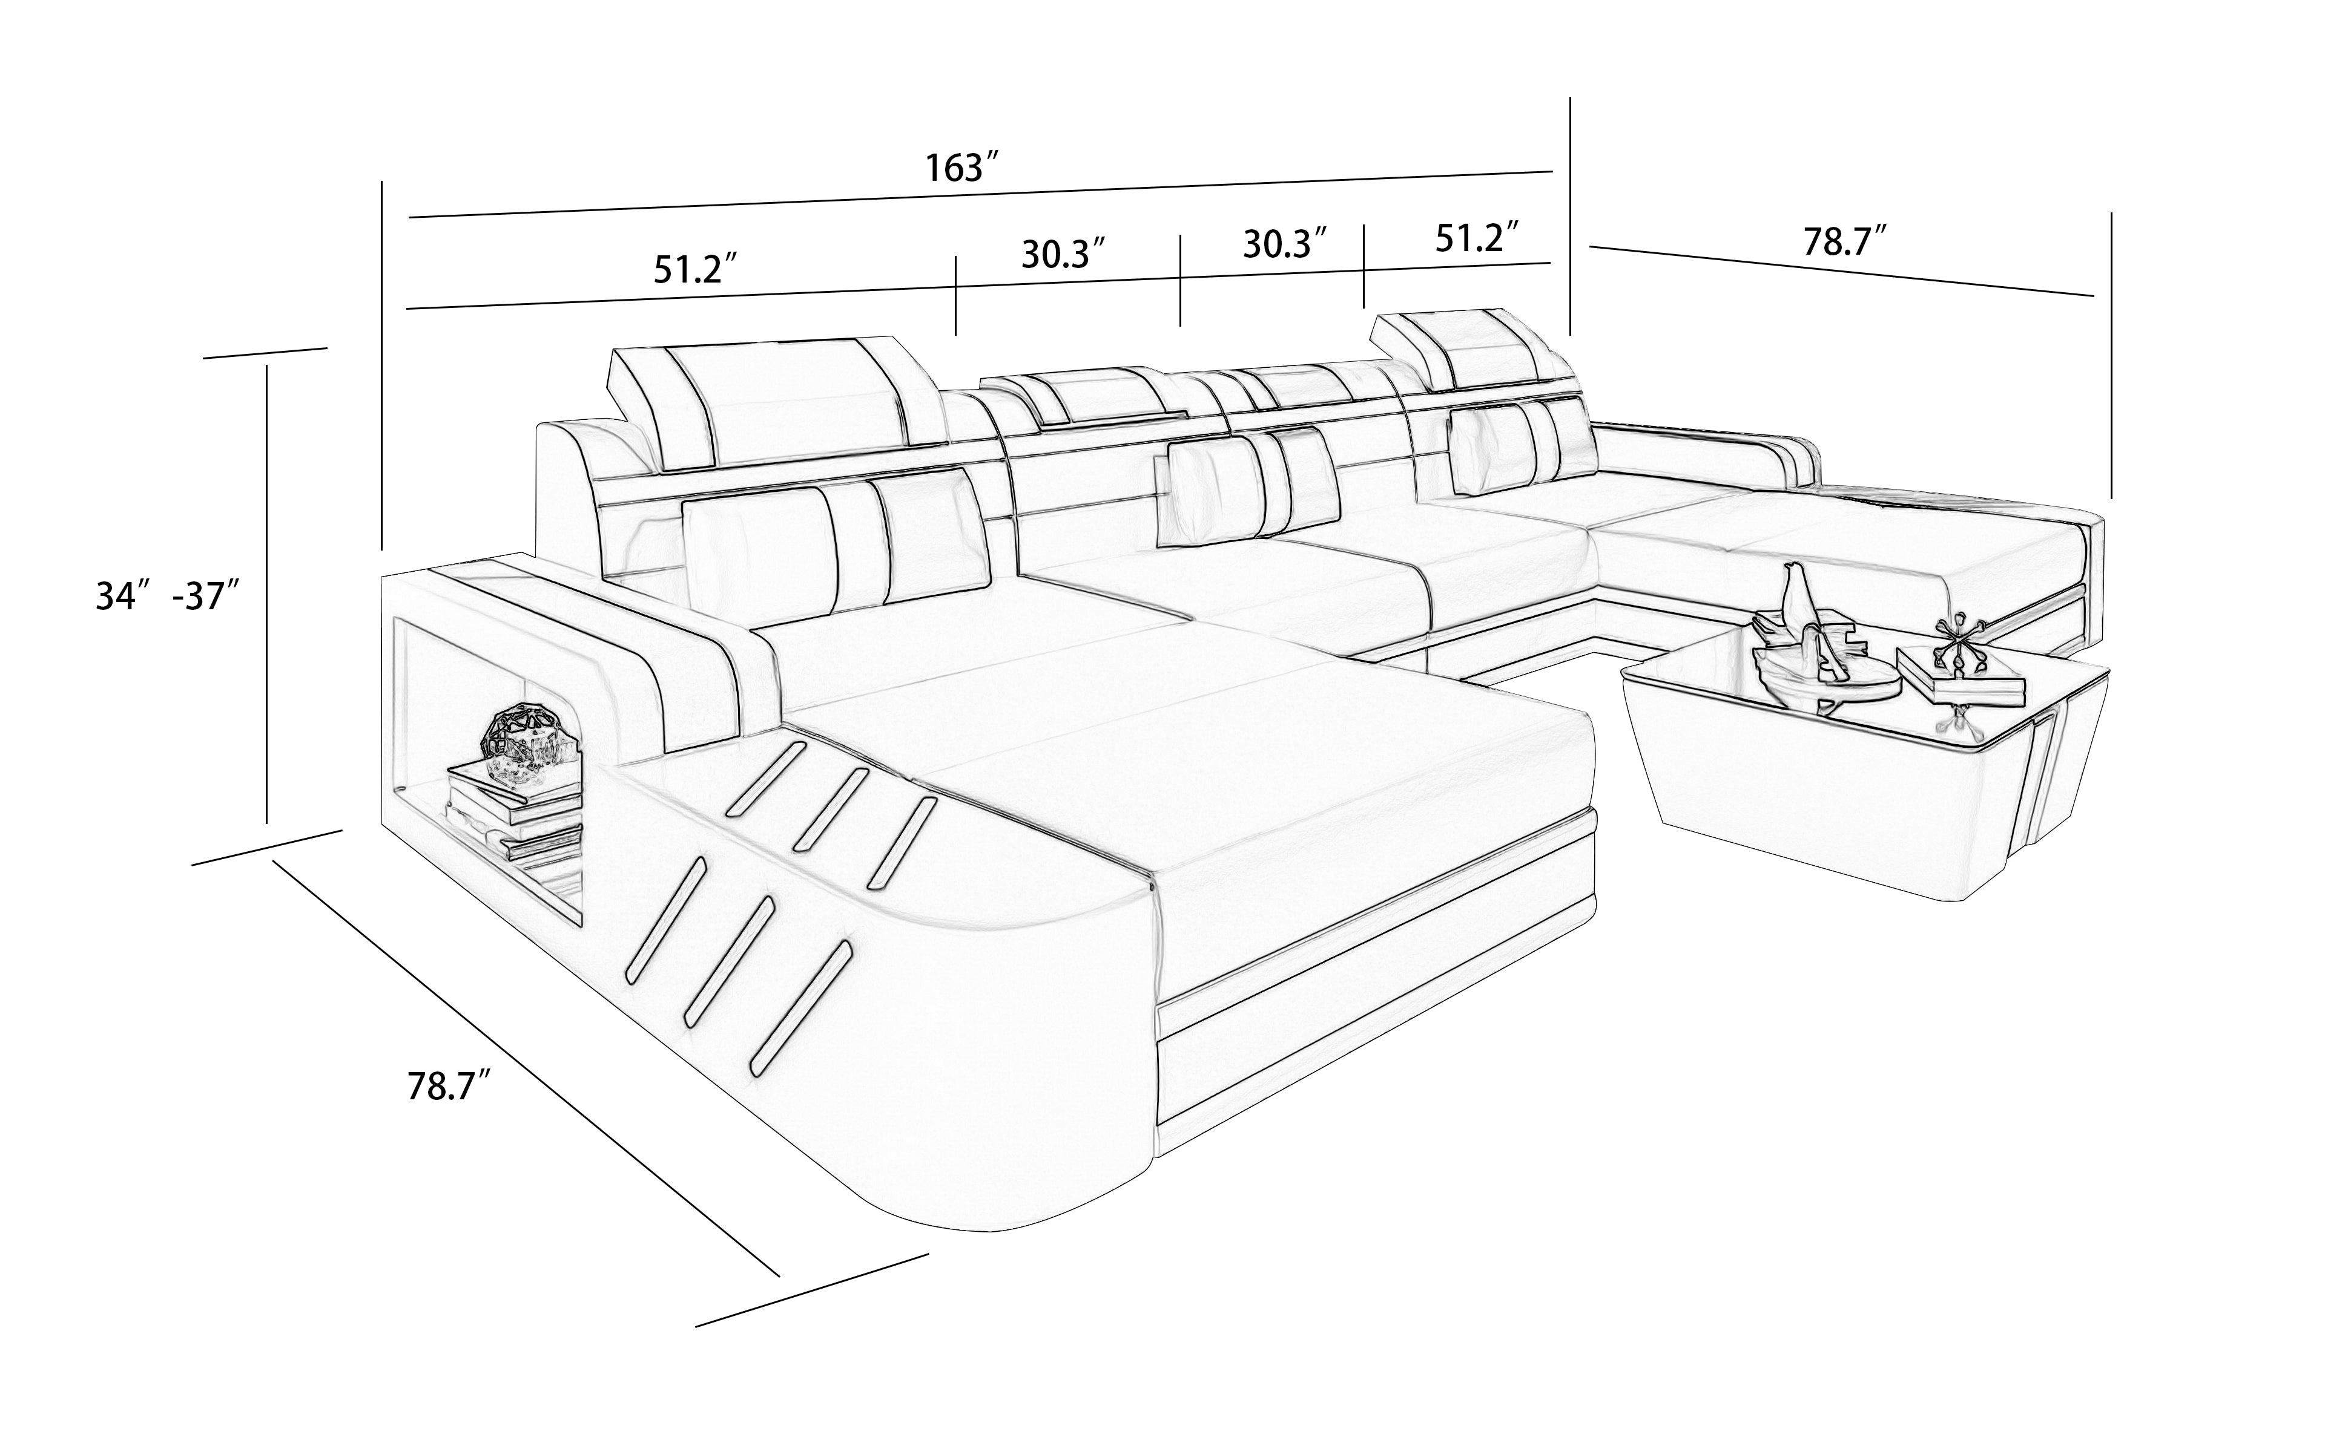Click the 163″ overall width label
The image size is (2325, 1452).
(964, 168)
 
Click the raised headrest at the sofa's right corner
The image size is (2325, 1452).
(1470, 345)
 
